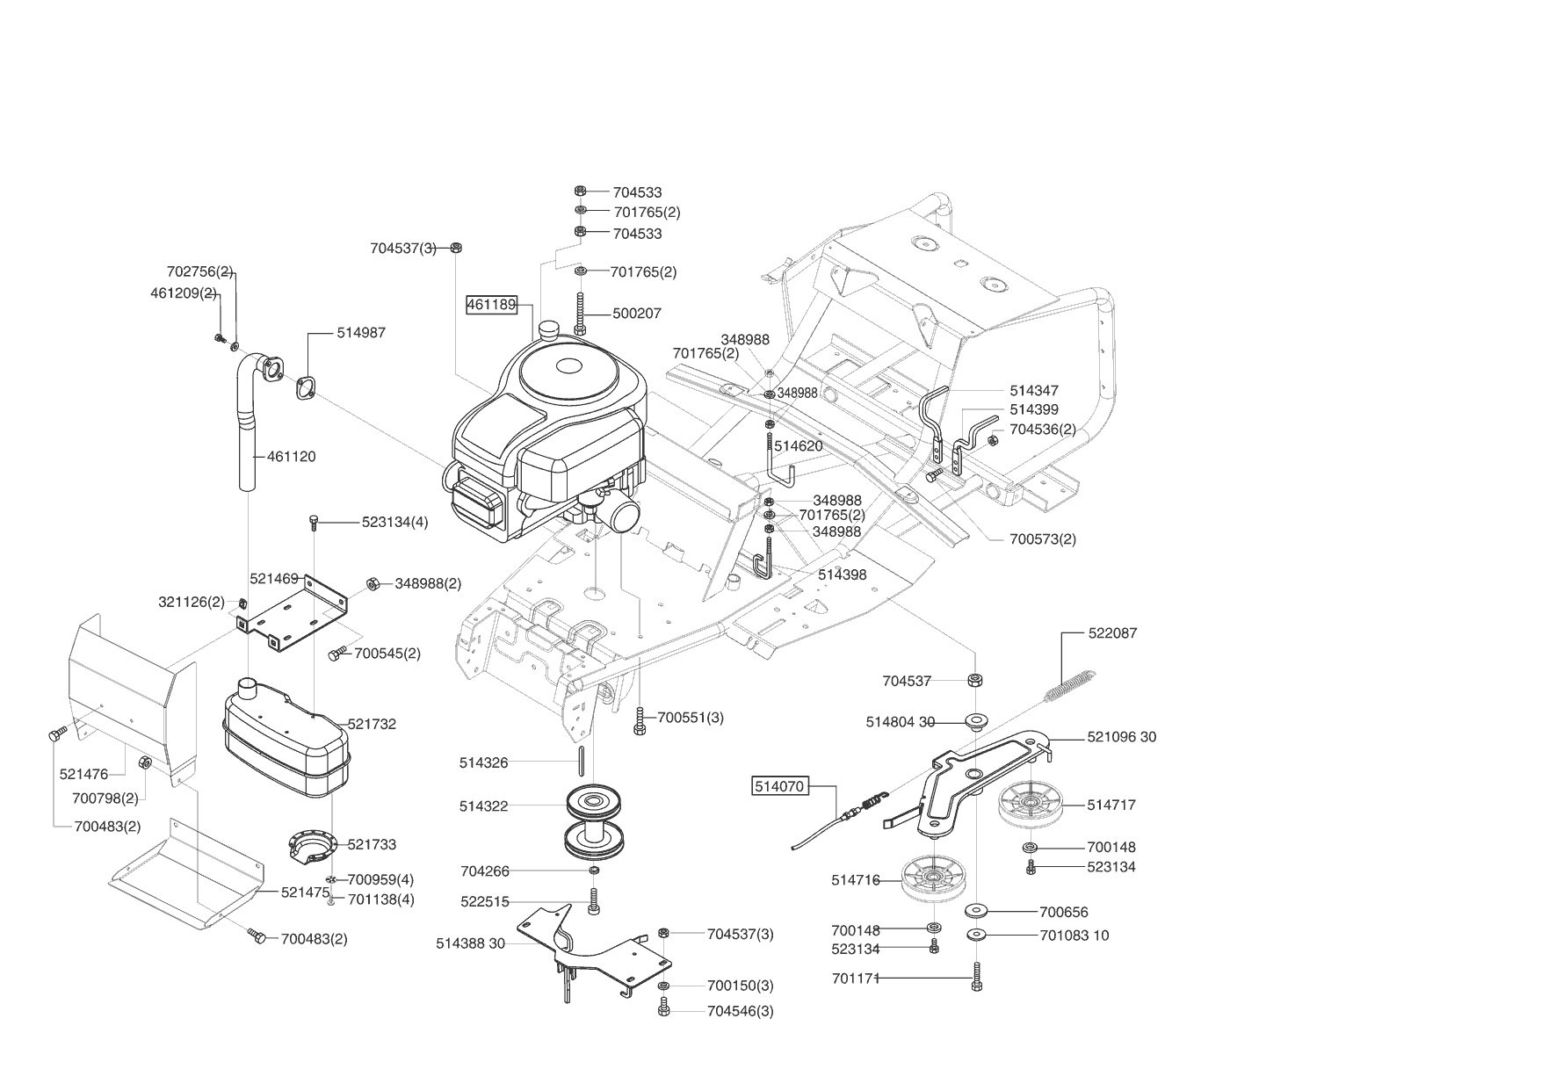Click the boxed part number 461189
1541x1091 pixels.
[490, 305]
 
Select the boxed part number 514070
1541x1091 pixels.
[779, 786]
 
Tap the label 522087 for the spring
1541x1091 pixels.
[1112, 633]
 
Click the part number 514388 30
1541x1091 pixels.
[471, 943]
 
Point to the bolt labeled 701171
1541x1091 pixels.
[977, 976]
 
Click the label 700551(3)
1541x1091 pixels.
[691, 718]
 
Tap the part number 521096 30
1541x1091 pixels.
[1122, 737]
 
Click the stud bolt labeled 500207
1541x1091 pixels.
[580, 314]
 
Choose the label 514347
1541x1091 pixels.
[1034, 390]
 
